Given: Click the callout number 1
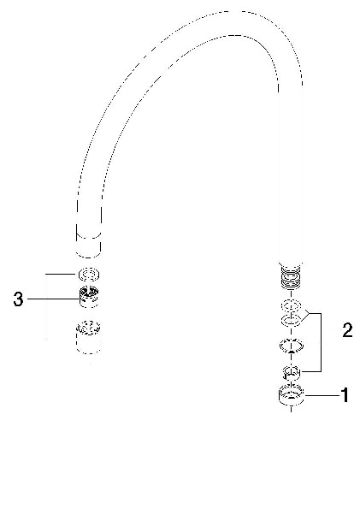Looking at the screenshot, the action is (x=345, y=395).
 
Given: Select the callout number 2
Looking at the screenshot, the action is (x=347, y=330).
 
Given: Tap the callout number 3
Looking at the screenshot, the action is (x=19, y=299).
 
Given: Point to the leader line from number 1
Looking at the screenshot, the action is (x=322, y=395).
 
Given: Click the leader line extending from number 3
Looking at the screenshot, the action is (x=53, y=299).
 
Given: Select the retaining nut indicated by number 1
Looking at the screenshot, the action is (x=292, y=395).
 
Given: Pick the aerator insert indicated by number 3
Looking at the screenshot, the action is (x=89, y=297).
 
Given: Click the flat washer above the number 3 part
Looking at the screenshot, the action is (x=89, y=275).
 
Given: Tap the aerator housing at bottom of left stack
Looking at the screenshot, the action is (x=88, y=337).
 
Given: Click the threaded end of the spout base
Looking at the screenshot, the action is (x=291, y=276).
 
